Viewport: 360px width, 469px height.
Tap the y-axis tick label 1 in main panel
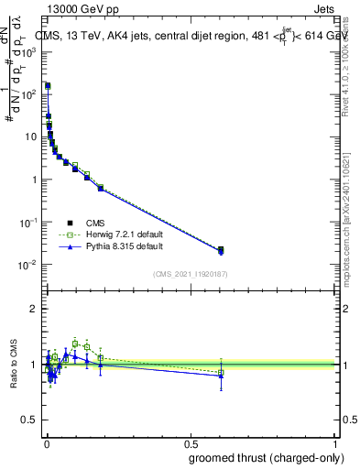(36, 180)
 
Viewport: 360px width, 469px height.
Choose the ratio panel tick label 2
(36, 309)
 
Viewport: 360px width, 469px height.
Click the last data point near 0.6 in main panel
(221, 250)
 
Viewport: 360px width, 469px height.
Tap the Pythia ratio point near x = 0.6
(221, 376)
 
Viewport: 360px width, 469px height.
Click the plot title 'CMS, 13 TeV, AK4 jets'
(101, 38)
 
